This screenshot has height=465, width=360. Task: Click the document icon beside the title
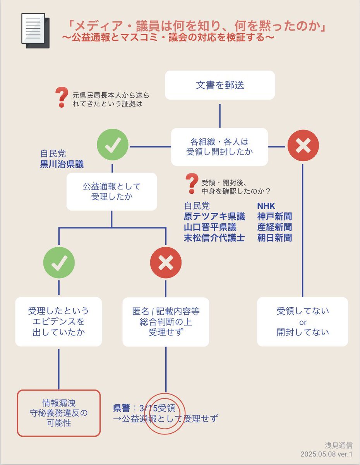(36, 31)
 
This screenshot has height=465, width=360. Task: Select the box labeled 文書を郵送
(220, 85)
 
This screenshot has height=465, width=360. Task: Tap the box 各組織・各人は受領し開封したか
(219, 147)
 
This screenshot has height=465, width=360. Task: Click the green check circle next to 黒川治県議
(113, 145)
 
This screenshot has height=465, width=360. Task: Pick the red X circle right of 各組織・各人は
(303, 146)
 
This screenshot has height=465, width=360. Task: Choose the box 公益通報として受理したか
(111, 192)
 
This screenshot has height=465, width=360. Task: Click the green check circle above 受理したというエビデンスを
(59, 263)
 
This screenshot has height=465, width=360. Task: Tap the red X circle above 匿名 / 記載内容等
(166, 263)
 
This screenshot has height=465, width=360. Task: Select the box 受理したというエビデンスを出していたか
(58, 322)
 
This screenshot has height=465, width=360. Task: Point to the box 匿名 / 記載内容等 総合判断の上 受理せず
(166, 322)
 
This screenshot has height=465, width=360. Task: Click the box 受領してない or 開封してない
(302, 322)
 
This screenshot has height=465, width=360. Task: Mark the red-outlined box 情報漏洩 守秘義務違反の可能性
(59, 413)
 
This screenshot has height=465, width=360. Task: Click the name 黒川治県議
(62, 164)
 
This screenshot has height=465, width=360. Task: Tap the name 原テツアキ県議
(214, 216)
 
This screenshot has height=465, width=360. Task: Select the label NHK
(266, 206)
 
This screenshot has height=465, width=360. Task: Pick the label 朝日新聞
(274, 238)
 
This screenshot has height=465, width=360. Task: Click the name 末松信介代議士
(214, 238)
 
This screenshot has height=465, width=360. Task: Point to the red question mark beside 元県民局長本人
(62, 97)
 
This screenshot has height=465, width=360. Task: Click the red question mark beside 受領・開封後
(192, 184)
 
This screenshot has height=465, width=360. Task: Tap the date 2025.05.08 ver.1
(326, 454)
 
